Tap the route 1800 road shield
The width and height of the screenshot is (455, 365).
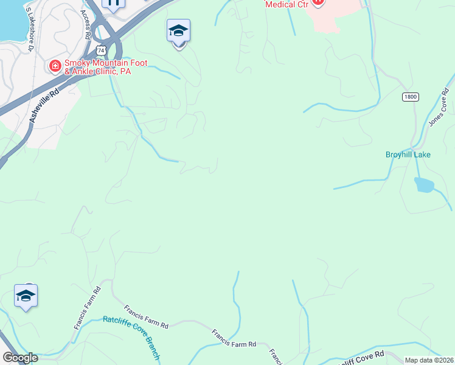pyautogui.click(x=410, y=97)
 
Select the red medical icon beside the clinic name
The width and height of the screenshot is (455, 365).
pyautogui.click(x=55, y=65)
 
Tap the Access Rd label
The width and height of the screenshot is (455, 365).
pyautogui.click(x=87, y=29)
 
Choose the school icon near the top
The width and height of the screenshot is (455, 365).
pyautogui.click(x=179, y=31)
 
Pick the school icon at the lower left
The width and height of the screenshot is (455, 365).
pyautogui.click(x=26, y=296)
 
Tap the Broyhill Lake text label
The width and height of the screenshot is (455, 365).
pyautogui.click(x=408, y=155)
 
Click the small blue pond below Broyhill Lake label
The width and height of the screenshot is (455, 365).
pyautogui.click(x=424, y=184)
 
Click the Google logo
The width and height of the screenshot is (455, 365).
pyautogui.click(x=20, y=358)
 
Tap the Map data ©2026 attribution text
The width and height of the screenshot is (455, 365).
pyautogui.click(x=429, y=360)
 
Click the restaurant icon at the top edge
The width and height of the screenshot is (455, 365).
pyautogui.click(x=113, y=3)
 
